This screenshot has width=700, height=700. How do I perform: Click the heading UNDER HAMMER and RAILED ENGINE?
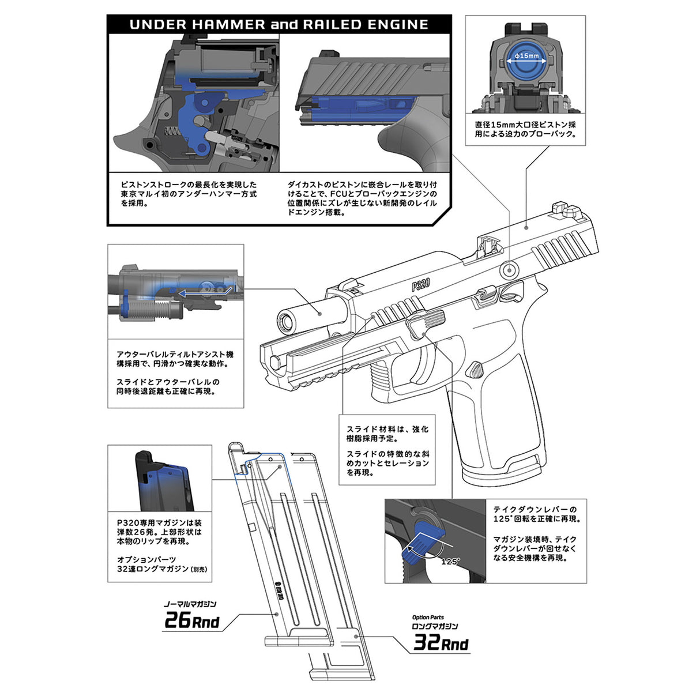coord(279,24)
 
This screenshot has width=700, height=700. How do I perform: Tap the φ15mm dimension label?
coord(526,56)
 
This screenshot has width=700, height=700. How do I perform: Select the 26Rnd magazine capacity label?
coord(192,622)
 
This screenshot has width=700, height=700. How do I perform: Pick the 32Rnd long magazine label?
coord(441,643)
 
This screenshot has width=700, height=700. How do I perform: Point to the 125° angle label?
coord(450,561)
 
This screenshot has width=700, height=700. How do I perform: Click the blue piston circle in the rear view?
coord(526,63)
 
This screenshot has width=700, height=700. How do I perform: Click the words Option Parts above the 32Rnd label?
coord(428,617)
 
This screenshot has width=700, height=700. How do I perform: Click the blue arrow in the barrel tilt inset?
coord(205,292)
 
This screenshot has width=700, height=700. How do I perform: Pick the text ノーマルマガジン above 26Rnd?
coord(190,604)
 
